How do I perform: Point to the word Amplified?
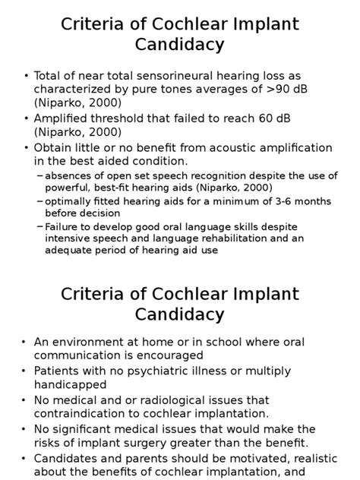61,118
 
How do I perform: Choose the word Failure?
63,227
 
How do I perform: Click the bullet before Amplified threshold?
27,118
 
